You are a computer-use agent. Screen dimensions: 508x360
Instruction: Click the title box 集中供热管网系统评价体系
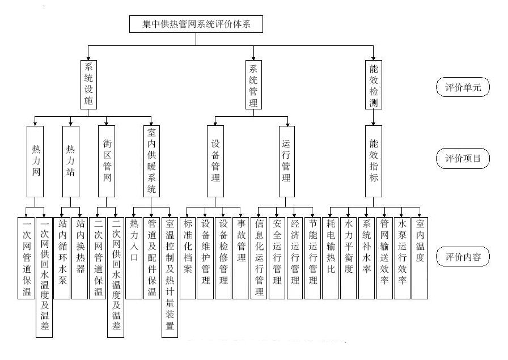[x=196, y=24]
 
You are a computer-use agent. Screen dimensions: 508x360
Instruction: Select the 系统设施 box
[x=88, y=84]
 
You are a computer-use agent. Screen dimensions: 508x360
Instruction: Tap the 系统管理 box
[x=253, y=84]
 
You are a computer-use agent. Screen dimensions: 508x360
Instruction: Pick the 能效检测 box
[x=374, y=84]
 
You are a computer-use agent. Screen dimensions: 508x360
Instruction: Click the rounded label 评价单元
[x=463, y=87]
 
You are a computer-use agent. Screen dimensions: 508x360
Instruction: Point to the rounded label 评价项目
[x=463, y=158]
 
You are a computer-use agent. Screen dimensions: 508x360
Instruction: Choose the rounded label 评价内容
[x=463, y=256]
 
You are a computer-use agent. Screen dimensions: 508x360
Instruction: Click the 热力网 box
[x=35, y=162]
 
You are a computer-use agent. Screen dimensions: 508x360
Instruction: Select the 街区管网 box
[x=107, y=162]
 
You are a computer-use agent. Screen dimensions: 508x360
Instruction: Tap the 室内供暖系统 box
[x=151, y=162]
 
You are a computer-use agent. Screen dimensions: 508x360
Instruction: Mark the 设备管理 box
[x=215, y=162]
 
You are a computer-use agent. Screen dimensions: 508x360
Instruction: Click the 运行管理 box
[x=287, y=162]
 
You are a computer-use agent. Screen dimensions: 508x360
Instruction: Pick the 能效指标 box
[x=374, y=162]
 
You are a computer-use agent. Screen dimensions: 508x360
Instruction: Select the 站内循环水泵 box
[x=62, y=258]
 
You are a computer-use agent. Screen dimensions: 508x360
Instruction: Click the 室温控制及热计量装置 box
[x=170, y=277]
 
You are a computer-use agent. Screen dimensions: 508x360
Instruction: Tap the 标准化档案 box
[x=188, y=258]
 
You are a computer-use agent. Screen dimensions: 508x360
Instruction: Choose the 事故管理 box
[x=241, y=258]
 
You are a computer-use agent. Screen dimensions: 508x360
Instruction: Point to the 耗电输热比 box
[x=330, y=258]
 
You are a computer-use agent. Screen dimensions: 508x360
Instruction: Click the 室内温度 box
[x=420, y=258]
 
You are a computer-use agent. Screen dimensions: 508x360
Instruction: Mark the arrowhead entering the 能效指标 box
[x=374, y=124]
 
